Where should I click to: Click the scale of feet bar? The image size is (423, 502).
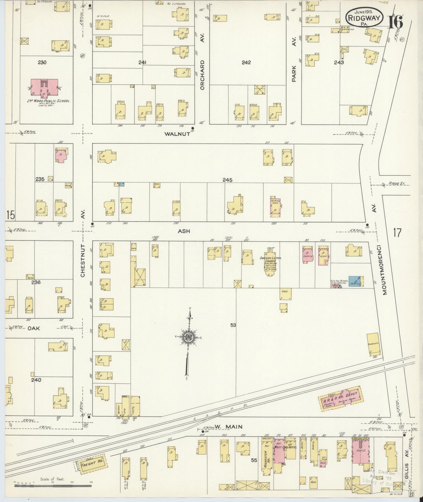tap(52, 486)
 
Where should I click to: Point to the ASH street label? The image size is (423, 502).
tap(184, 231)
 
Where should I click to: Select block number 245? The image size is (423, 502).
tap(227, 180)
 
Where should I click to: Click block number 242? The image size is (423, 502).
tap(246, 62)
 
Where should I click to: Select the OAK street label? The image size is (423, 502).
tap(34, 328)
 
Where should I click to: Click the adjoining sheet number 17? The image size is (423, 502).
tap(397, 233)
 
